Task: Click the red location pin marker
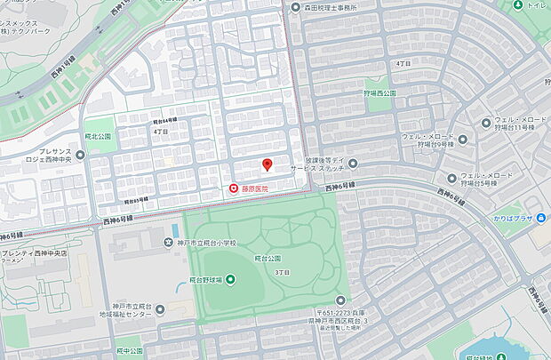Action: tap(267, 165)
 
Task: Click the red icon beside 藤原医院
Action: tap(234, 188)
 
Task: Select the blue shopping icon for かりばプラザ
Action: tap(542, 218)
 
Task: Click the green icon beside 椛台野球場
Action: tap(230, 280)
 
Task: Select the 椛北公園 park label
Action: tap(100, 137)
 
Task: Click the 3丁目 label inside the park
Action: tap(283, 272)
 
